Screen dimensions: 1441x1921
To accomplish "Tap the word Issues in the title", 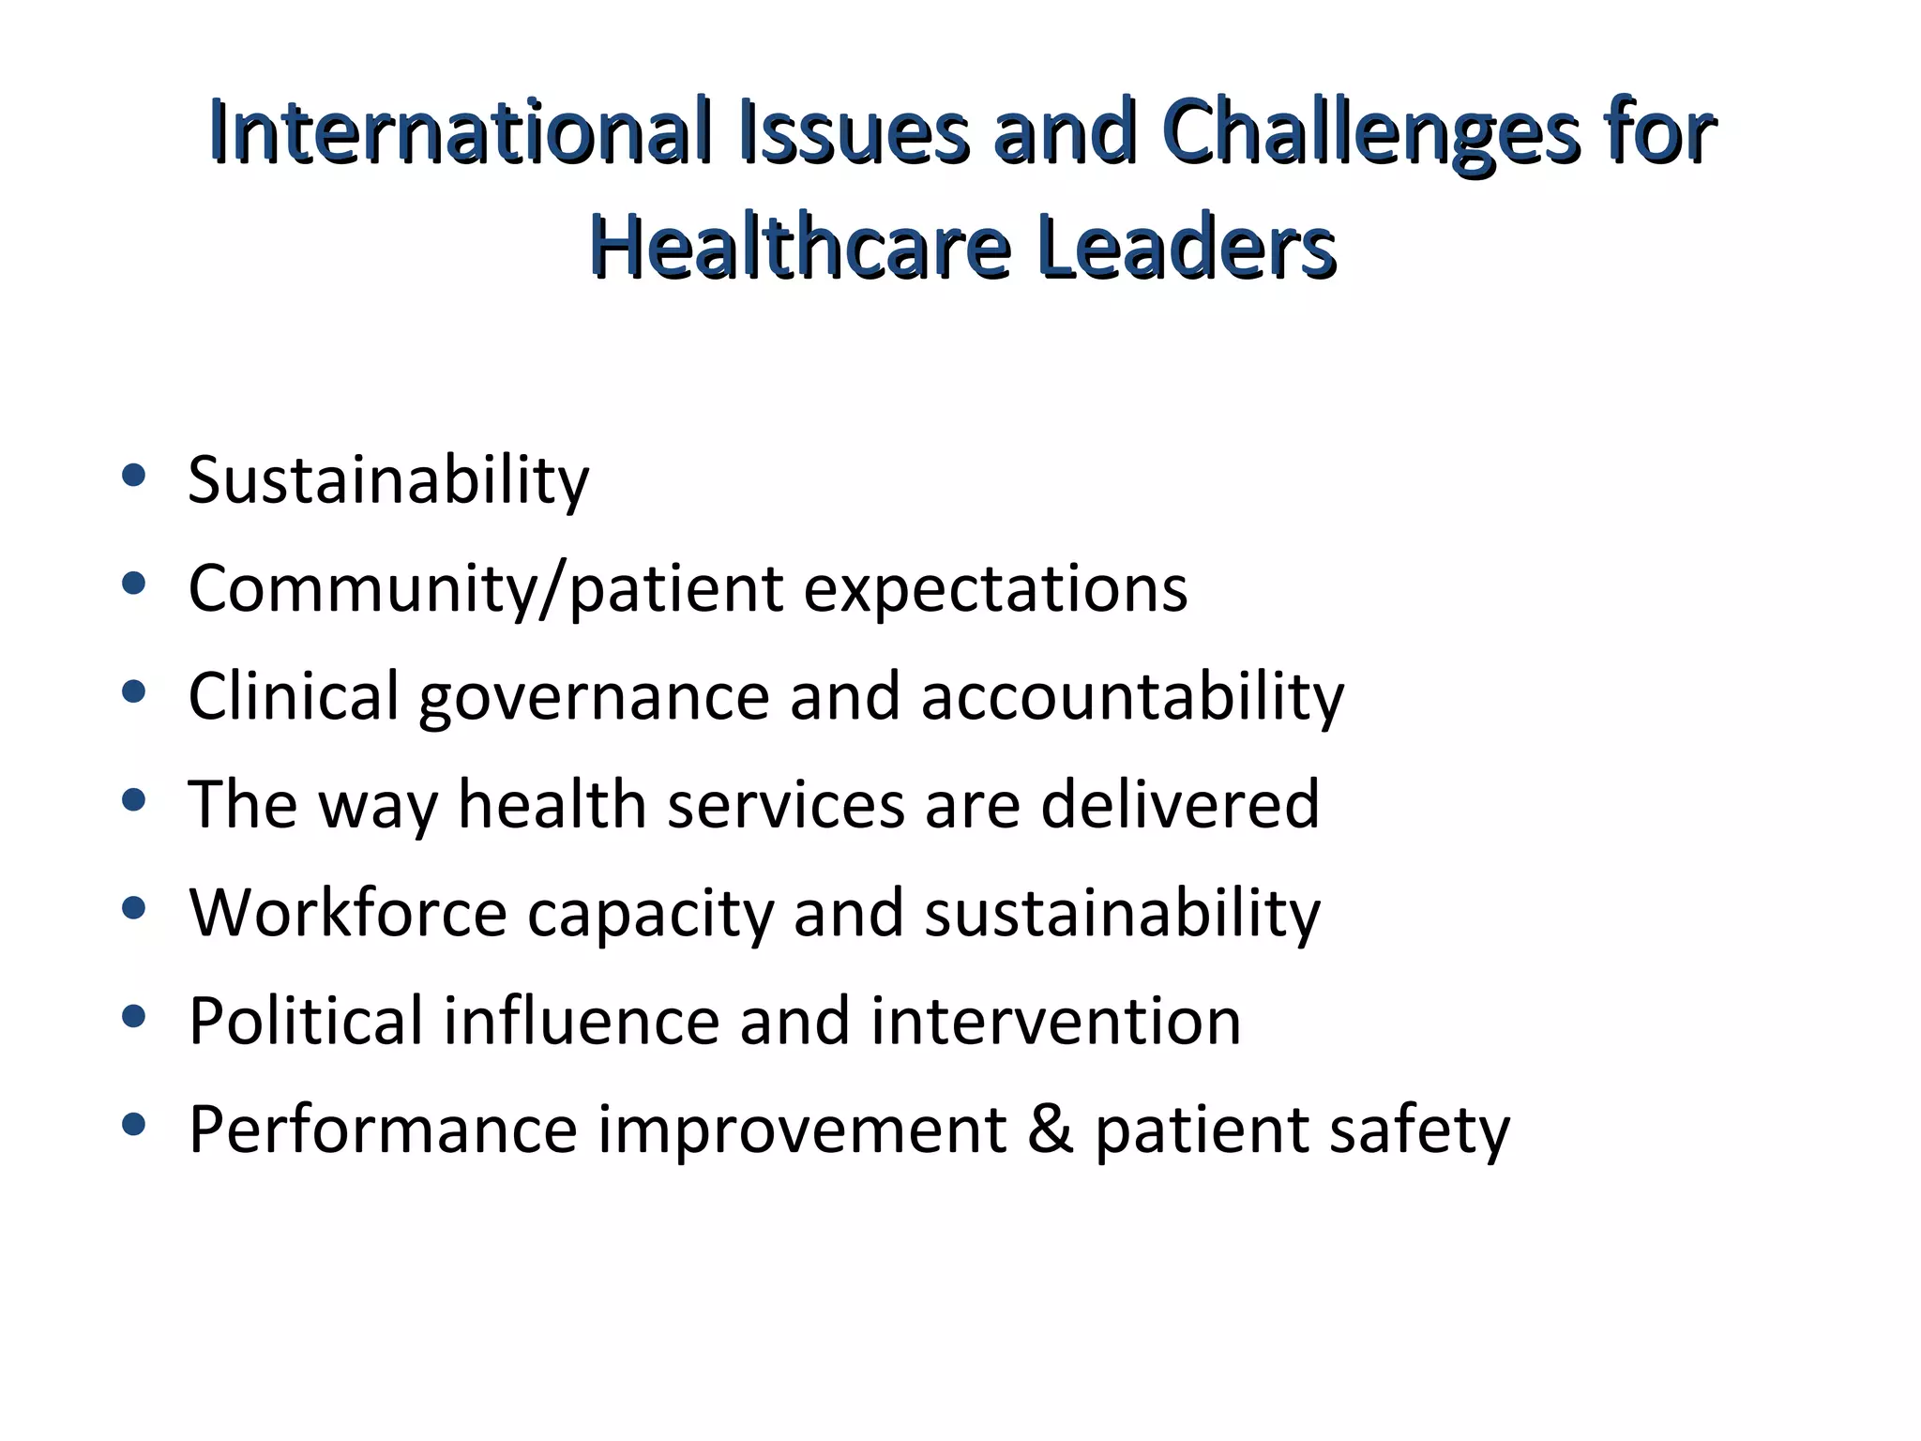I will click(x=854, y=132).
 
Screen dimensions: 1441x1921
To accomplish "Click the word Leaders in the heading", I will click(x=1187, y=248).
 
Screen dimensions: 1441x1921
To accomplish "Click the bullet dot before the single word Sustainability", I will click(x=134, y=476).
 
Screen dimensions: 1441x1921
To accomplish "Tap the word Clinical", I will click(x=294, y=697).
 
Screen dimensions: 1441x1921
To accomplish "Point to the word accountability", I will click(x=1132, y=697).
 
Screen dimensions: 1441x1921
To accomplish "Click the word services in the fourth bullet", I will click(x=785, y=805).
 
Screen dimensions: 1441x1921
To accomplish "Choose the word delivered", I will click(x=1180, y=805).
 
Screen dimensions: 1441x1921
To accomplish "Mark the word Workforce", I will click(x=348, y=913).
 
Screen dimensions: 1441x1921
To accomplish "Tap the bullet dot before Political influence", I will click(x=134, y=1016).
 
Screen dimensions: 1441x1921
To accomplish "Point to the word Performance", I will click(x=383, y=1129).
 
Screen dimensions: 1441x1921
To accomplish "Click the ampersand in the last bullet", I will click(x=1051, y=1129).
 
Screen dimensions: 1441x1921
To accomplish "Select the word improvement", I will click(x=803, y=1130).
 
